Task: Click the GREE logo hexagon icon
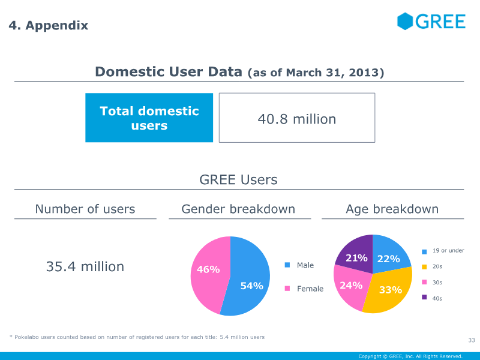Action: point(406,21)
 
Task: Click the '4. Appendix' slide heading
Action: point(49,25)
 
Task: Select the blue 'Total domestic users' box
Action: point(149,118)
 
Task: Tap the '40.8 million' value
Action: point(297,119)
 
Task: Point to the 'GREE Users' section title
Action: point(238,179)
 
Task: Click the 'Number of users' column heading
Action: point(85,209)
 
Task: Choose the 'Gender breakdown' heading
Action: point(238,209)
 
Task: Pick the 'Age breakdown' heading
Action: point(392,209)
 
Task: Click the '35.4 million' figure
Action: point(85,266)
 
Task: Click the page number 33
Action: point(471,341)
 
